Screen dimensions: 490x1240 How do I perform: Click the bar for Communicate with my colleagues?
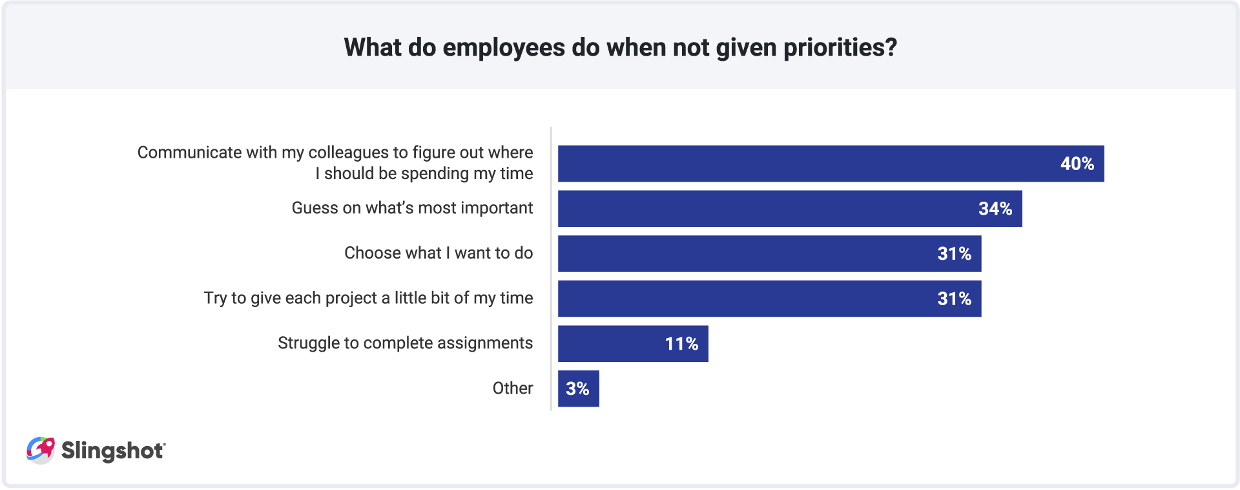pos(807,164)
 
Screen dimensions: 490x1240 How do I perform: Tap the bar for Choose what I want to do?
pos(743,253)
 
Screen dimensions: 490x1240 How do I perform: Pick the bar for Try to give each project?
pos(743,299)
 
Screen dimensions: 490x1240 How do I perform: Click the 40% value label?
pos(1077,164)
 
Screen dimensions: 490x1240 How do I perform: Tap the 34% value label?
pos(995,209)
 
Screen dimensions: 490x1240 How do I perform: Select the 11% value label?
pos(681,344)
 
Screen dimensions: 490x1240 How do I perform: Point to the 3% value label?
pos(577,389)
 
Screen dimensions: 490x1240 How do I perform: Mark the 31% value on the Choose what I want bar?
pos(954,253)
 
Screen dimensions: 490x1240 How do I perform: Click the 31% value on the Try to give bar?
pos(954,299)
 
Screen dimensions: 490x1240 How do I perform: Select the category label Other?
pos(513,388)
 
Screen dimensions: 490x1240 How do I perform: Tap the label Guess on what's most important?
pos(412,208)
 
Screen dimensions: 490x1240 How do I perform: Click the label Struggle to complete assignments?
pos(405,343)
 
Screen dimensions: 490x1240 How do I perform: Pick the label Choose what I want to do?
pos(439,253)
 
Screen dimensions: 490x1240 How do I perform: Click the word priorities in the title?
pos(840,48)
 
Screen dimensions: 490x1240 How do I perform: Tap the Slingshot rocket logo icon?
pos(41,450)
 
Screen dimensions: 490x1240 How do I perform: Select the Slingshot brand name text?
pos(113,451)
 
